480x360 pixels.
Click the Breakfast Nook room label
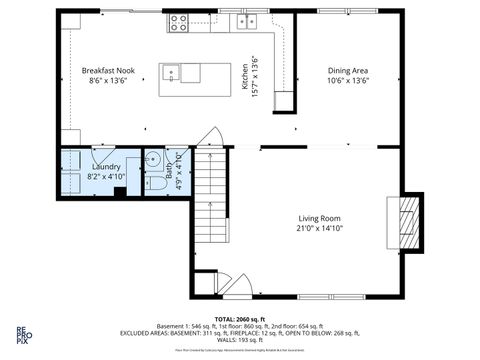[108, 71]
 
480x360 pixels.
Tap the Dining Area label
[349, 71]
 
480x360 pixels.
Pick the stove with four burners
[180, 22]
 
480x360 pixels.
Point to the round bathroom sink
[153, 163]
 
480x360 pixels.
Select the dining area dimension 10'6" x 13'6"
[349, 81]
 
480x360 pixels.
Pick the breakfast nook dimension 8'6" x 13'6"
[108, 81]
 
